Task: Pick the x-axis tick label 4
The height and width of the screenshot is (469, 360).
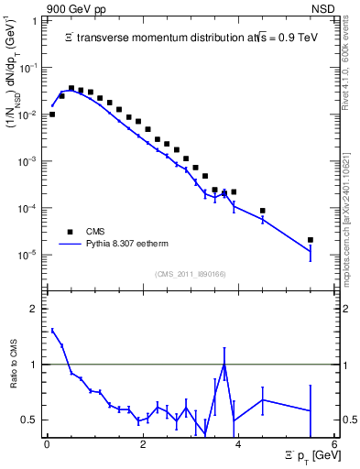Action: pos(238,444)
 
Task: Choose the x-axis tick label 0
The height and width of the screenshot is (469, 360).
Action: pos(47,444)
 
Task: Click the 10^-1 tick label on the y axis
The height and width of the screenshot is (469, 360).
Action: pos(30,68)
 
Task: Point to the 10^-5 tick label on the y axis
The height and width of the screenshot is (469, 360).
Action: pos(30,255)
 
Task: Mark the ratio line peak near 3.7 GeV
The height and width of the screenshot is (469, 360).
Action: pos(224,364)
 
